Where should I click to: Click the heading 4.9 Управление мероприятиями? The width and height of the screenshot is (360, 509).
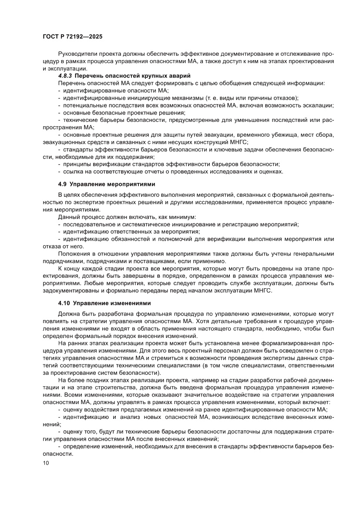tap(107, 184)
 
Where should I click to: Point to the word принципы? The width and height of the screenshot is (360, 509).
tap(78, 164)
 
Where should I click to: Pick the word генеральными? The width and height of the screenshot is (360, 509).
tap(314, 254)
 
